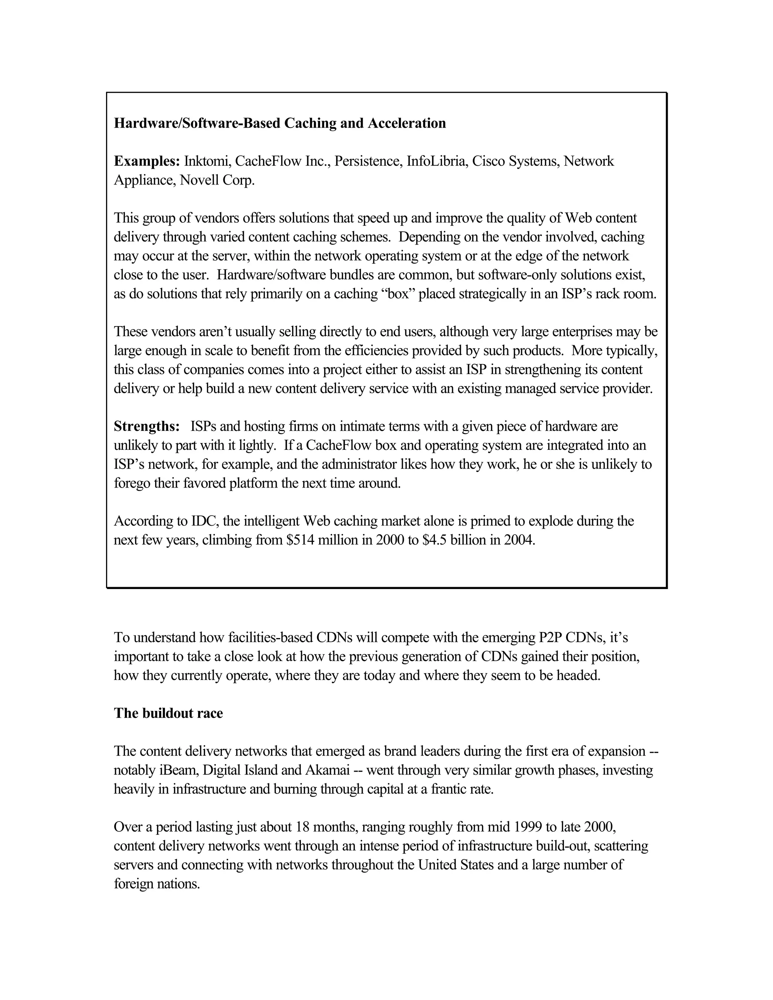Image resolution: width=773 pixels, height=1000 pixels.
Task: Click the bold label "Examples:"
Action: coord(146,161)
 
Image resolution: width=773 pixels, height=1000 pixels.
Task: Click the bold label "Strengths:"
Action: coord(146,426)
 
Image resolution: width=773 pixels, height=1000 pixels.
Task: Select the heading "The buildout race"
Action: coord(168,713)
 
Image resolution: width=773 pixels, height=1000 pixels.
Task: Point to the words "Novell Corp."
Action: coord(217,180)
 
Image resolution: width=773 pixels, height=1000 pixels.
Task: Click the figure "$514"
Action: coord(300,540)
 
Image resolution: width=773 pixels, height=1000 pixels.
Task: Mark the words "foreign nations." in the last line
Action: coord(157,884)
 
